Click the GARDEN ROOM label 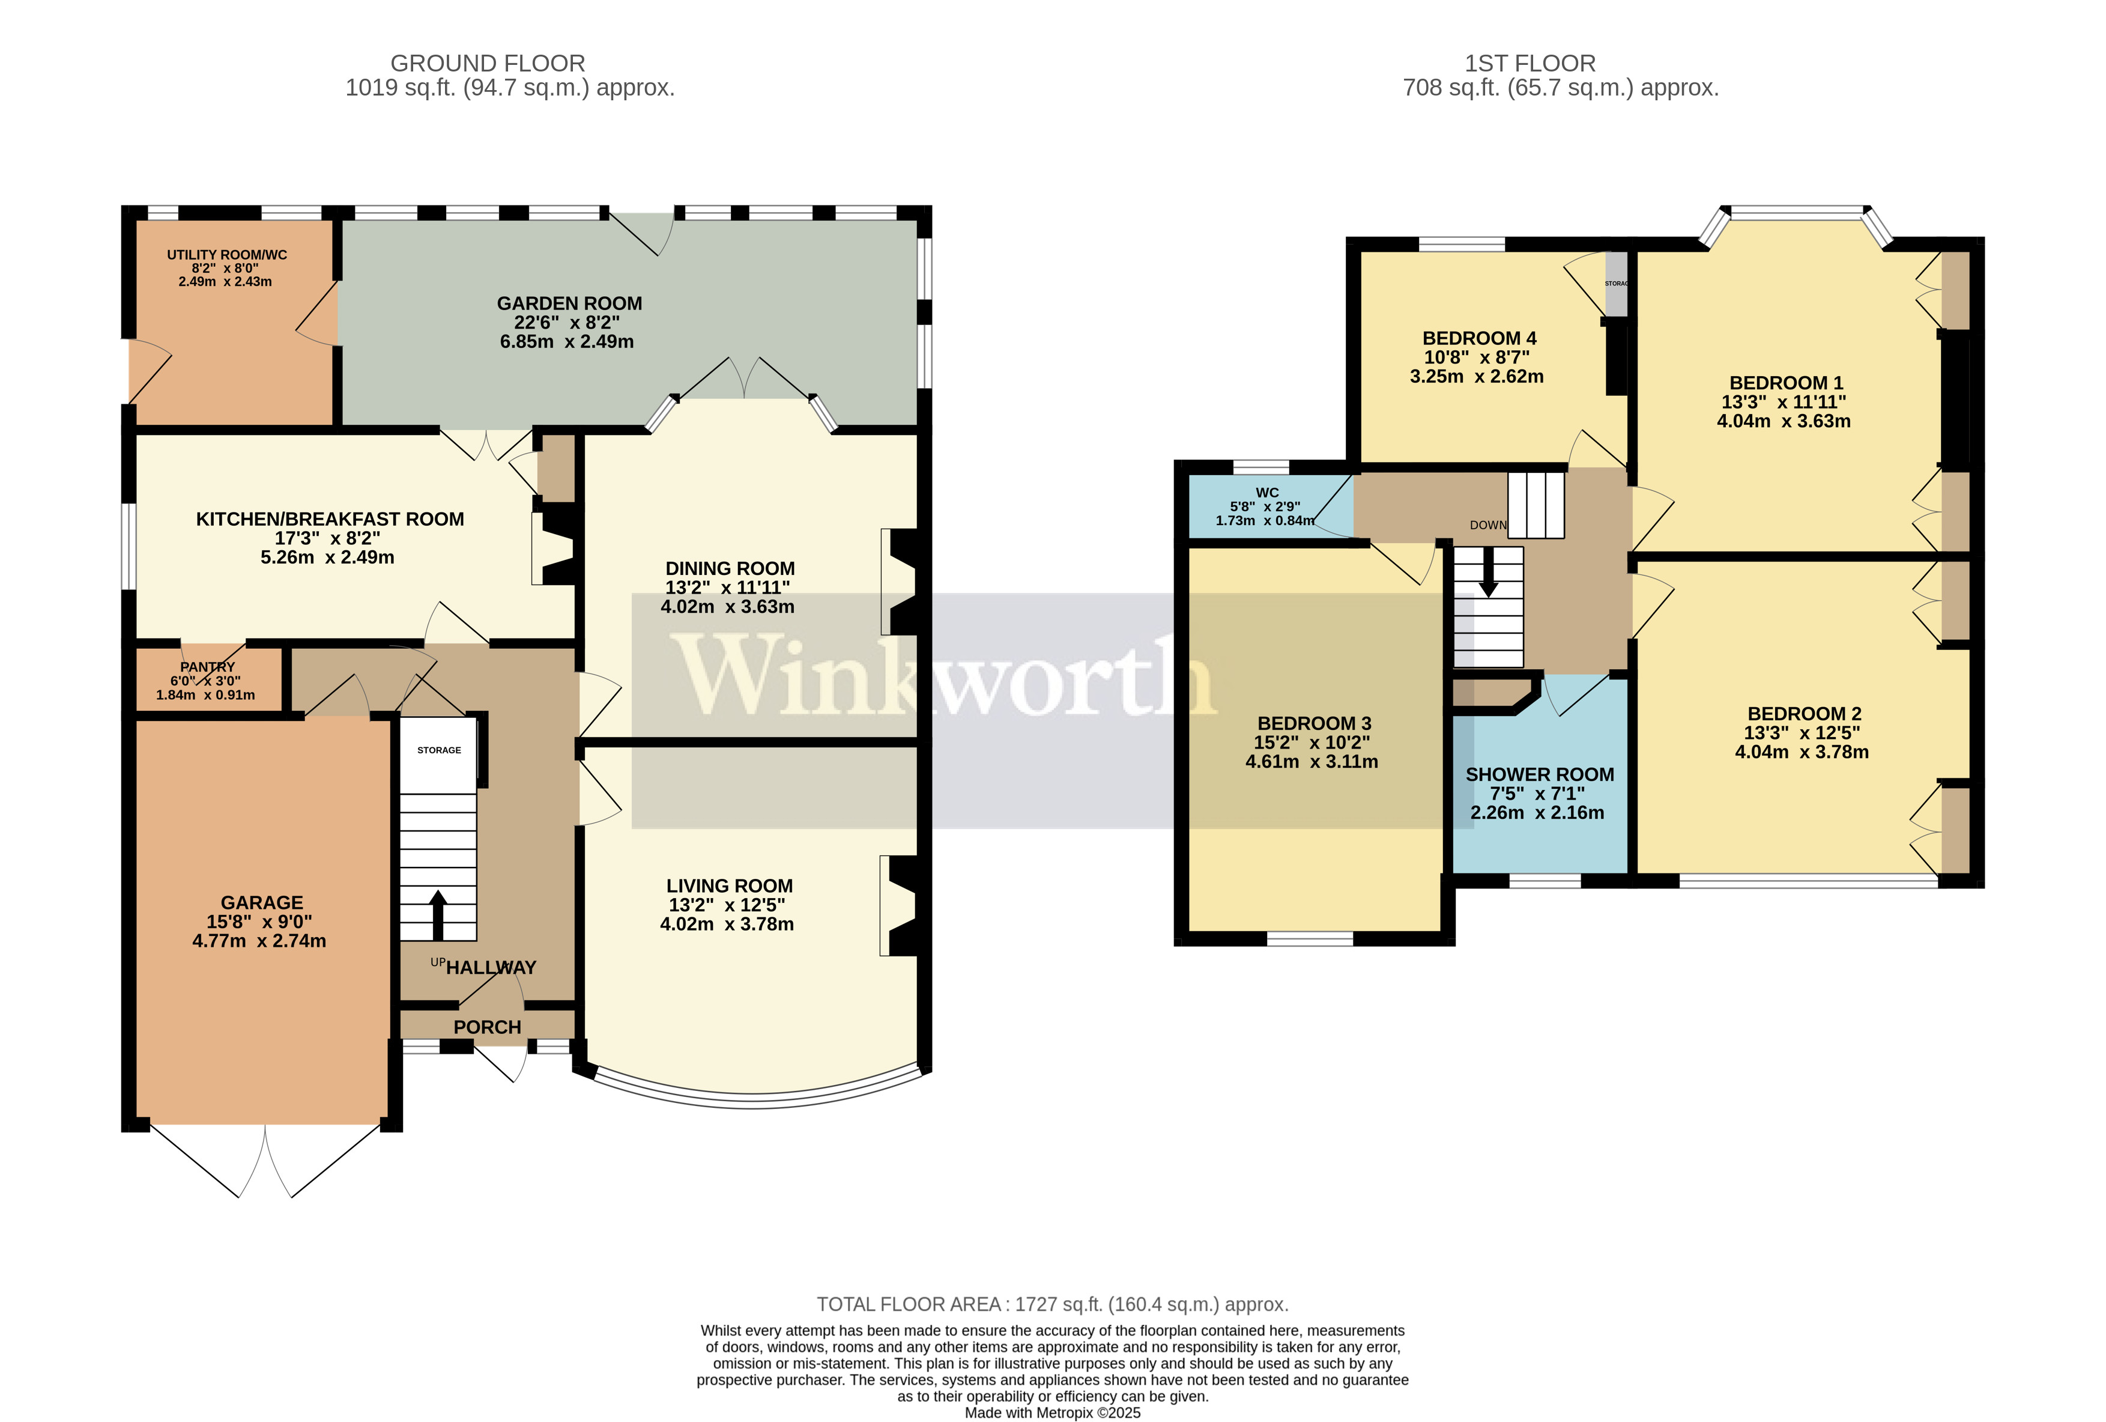tap(569, 303)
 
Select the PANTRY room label tap(208, 667)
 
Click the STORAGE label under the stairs tap(438, 750)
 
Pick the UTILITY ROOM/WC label tap(226, 255)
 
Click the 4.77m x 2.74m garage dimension tap(259, 941)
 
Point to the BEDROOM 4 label tap(1479, 338)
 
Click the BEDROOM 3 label tap(1314, 723)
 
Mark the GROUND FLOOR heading tap(488, 64)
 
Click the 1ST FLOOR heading tap(1530, 64)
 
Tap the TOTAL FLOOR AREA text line tap(1052, 1304)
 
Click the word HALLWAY tap(491, 968)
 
